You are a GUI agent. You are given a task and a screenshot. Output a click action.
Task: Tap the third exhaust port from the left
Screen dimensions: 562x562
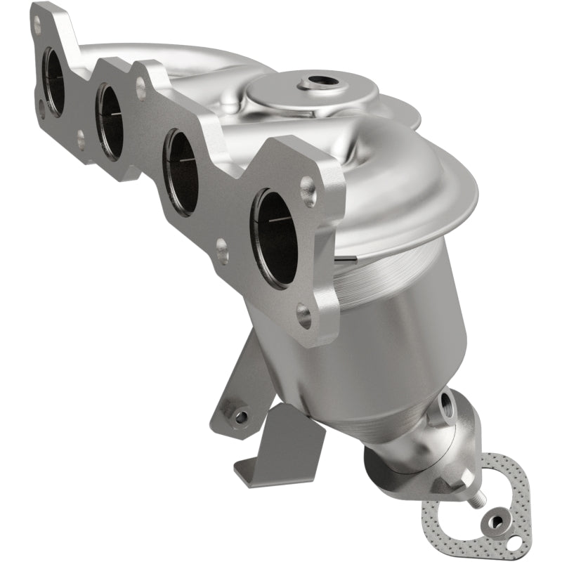(x=181, y=171)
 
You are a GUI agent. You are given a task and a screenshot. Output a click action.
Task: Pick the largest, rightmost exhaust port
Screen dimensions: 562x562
(x=274, y=237)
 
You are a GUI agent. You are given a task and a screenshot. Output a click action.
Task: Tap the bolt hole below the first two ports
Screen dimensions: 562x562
(x=80, y=139)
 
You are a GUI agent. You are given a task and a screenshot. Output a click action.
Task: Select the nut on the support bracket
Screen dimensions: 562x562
(x=241, y=417)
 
